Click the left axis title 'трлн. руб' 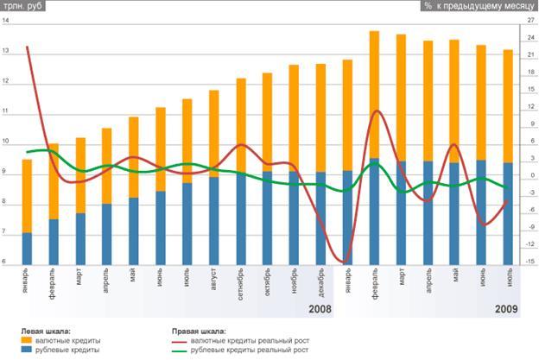coord(24,6)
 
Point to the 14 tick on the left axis coord(6,23)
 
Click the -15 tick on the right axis coord(529,262)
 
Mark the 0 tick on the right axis coord(528,175)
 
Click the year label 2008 coord(320,308)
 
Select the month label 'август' coord(214,281)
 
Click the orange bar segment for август coord(214,134)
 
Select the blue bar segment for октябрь coord(268,217)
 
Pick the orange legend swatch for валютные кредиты coord(27,341)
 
